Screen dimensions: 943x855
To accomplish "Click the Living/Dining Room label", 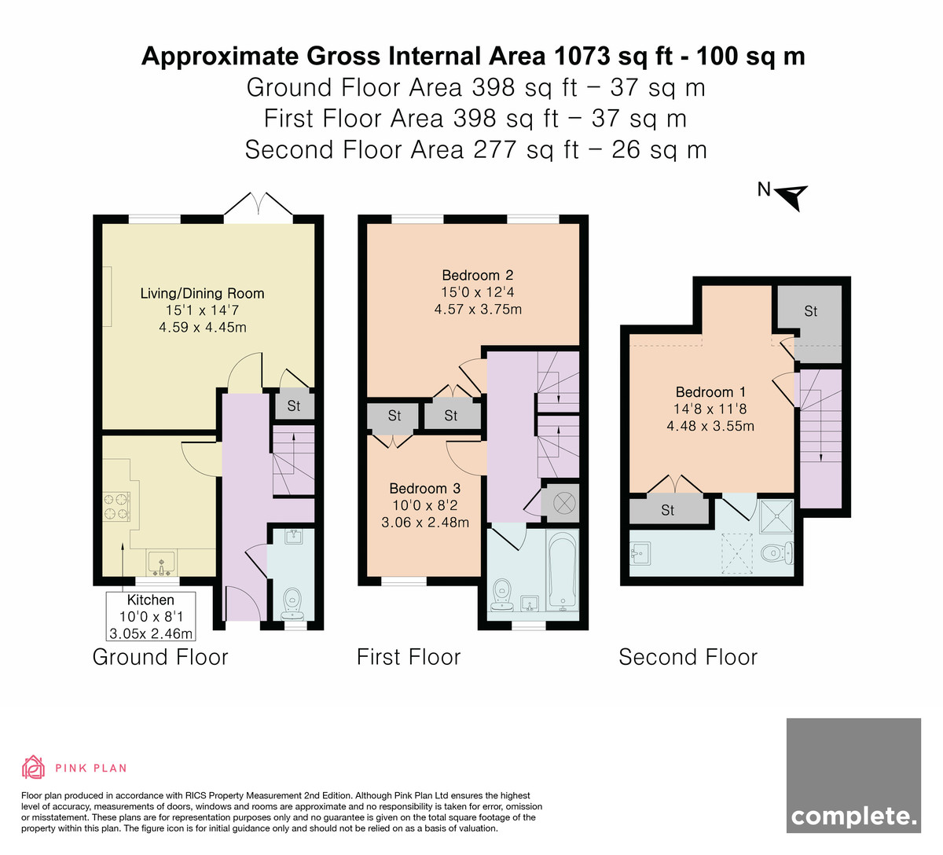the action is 202,293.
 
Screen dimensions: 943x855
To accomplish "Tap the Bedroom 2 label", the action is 478,275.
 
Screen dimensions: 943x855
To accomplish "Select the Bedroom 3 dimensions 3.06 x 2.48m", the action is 425,523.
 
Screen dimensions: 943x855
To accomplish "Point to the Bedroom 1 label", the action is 710,392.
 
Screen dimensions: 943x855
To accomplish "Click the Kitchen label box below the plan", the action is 151,616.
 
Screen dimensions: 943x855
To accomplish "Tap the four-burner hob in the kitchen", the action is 116,506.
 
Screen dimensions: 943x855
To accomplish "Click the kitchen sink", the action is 161,563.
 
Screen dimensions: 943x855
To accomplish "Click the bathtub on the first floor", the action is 562,571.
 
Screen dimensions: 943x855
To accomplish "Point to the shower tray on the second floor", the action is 776,516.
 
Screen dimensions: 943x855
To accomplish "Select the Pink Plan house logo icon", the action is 33,768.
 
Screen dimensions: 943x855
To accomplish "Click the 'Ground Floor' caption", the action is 160,658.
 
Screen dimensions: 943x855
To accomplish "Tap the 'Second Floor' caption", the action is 688,658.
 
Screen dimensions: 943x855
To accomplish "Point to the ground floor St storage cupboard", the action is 294,405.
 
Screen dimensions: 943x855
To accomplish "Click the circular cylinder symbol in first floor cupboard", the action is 562,503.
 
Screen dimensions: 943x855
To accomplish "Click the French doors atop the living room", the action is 258,204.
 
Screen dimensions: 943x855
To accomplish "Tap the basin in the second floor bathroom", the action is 640,553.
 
